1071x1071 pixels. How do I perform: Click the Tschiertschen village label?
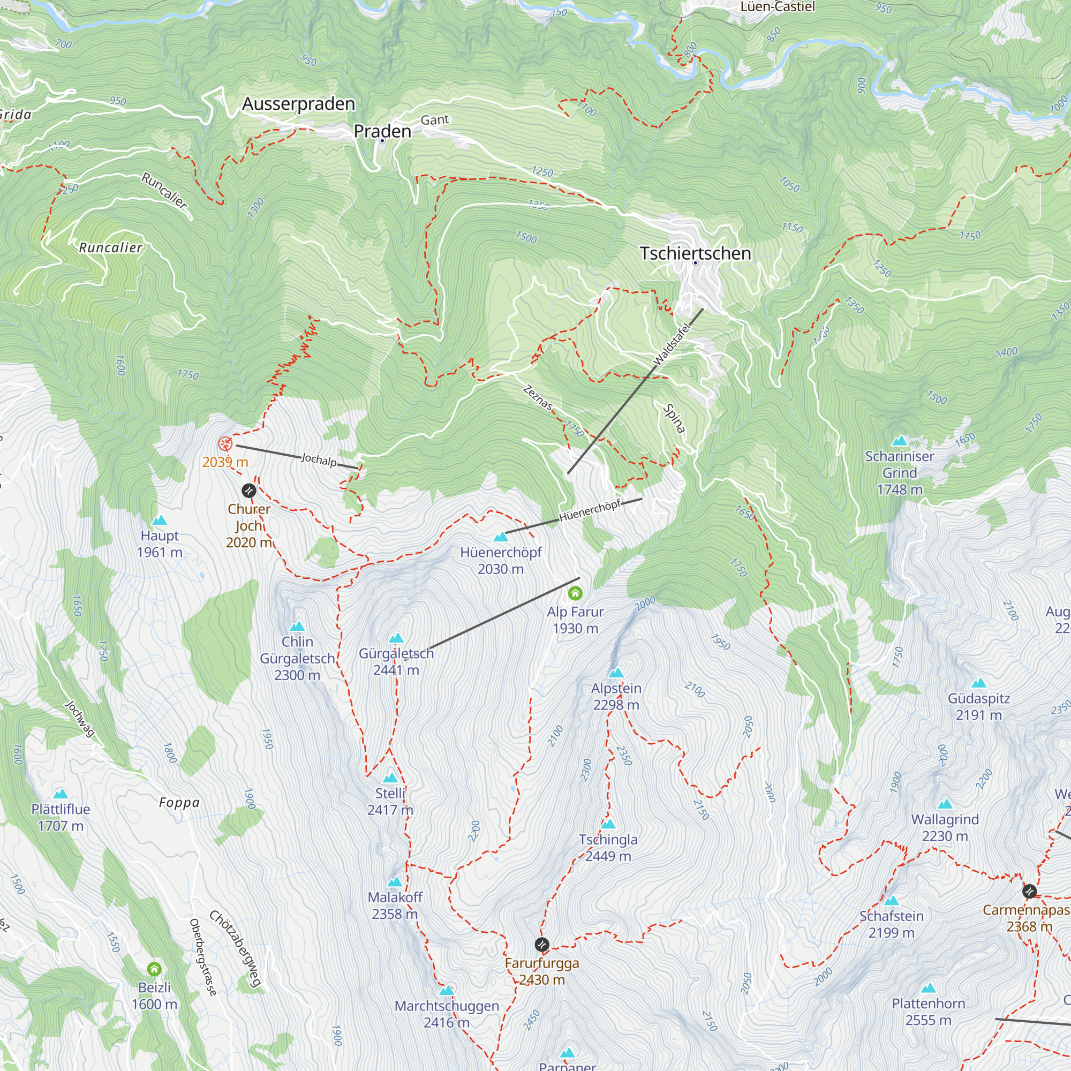click(x=695, y=253)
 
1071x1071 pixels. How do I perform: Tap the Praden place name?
click(x=382, y=131)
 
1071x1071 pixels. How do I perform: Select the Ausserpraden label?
click(x=298, y=104)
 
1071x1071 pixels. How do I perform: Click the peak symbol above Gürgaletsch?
click(x=396, y=638)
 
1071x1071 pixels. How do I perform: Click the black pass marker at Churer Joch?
click(x=249, y=490)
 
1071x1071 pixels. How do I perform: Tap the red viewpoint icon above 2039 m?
click(x=224, y=443)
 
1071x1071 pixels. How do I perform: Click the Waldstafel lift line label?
click(x=672, y=344)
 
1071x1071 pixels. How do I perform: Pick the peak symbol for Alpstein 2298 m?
click(x=616, y=673)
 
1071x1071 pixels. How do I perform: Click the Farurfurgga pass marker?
click(x=542, y=944)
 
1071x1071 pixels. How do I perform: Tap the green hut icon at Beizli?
click(x=154, y=969)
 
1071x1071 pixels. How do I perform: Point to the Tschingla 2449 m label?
click(x=608, y=848)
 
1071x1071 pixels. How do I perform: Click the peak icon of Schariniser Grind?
click(x=900, y=441)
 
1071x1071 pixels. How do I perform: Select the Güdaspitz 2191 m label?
click(x=978, y=706)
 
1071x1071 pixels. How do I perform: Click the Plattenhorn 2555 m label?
click(x=928, y=1011)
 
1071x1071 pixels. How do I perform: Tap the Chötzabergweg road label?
click(x=235, y=948)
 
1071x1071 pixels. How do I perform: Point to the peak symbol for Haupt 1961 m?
click(x=160, y=520)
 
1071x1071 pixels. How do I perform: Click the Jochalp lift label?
click(x=319, y=459)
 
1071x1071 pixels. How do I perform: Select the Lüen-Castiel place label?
click(x=777, y=6)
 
